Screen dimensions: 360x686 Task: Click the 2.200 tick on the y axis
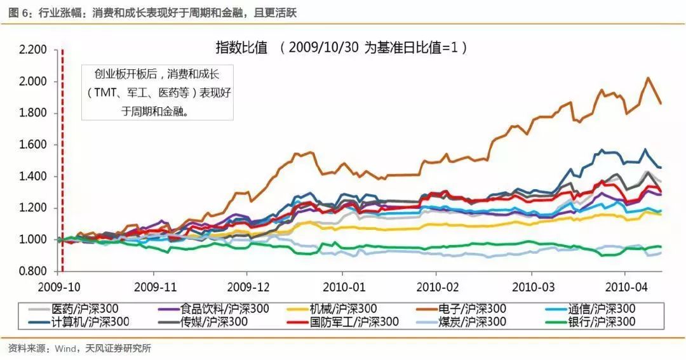pyautogui.click(x=33, y=50)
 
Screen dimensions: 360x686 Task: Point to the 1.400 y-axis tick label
pyautogui.click(x=33, y=177)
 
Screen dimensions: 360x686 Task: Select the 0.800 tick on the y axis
pyautogui.click(x=33, y=271)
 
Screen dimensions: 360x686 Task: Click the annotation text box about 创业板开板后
pyautogui.click(x=158, y=92)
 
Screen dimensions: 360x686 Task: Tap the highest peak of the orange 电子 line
pyautogui.click(x=647, y=78)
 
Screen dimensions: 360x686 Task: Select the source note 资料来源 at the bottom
pyautogui.click(x=79, y=348)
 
